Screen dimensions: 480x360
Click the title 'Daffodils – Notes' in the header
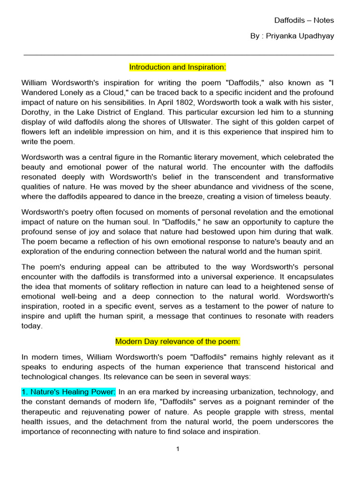pos(304,20)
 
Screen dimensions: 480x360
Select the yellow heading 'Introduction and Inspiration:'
pos(178,67)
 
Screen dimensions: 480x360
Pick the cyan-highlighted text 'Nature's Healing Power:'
pos(68,391)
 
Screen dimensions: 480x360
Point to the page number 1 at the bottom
pos(178,449)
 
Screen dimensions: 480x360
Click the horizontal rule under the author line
pos(178,55)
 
